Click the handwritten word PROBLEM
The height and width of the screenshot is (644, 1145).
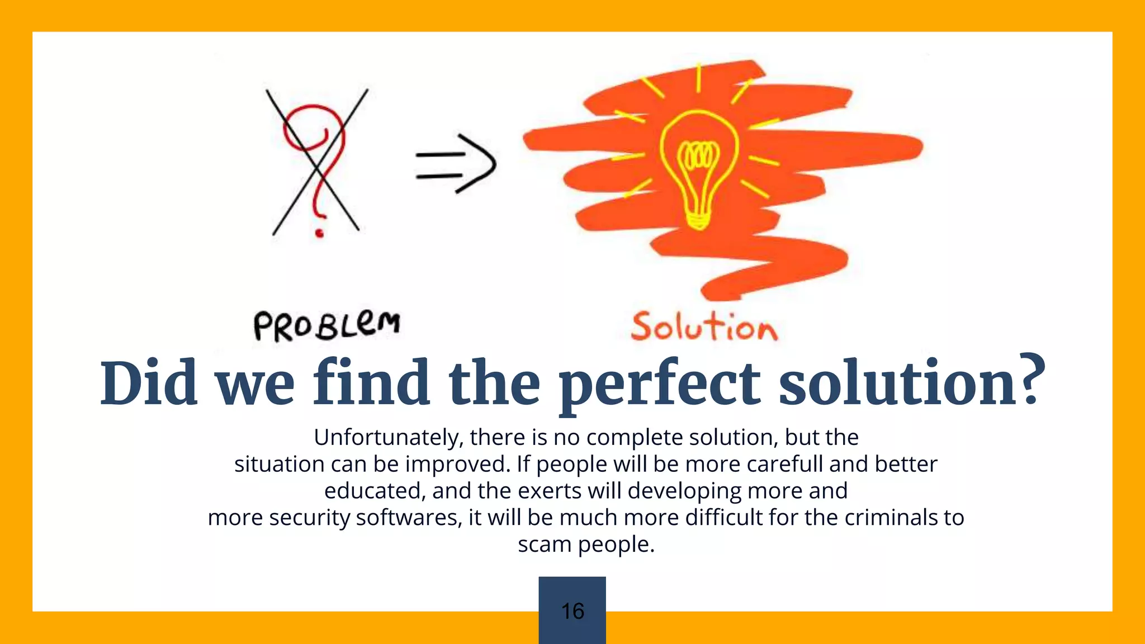(327, 326)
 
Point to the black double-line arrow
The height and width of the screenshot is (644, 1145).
(456, 164)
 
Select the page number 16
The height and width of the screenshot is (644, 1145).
(572, 611)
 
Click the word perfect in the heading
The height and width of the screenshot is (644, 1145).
(660, 384)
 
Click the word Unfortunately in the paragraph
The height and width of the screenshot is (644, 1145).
(388, 437)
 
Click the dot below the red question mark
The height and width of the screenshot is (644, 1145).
(319, 233)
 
